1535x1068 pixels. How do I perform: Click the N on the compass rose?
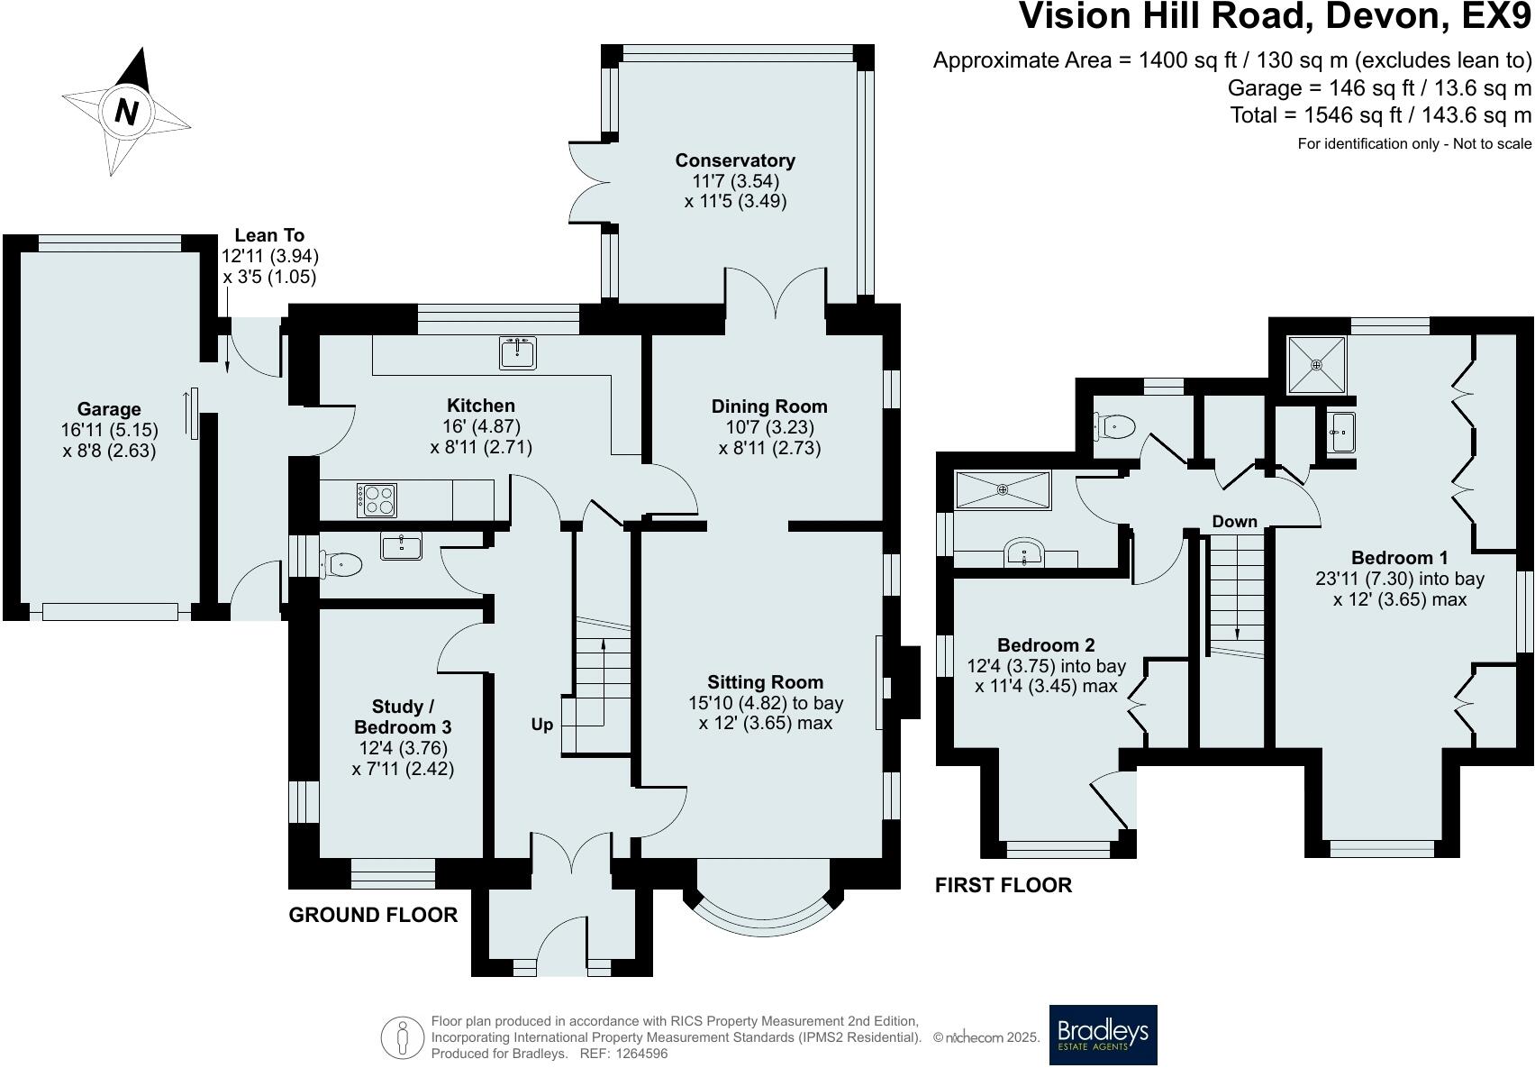[x=126, y=112]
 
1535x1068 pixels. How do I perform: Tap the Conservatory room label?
[x=735, y=160]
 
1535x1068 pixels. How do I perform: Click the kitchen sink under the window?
[x=517, y=352]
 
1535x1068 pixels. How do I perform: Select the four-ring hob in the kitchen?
[x=377, y=500]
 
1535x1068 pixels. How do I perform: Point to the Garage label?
[x=109, y=409]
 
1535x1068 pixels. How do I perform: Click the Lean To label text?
[x=269, y=235]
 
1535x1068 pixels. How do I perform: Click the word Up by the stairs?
[x=541, y=725]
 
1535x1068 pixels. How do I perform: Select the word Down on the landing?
[x=1234, y=522]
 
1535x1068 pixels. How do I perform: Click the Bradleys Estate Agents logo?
[x=1103, y=1035]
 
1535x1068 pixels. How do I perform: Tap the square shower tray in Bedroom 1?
[x=1316, y=365]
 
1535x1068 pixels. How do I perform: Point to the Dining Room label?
[x=769, y=406]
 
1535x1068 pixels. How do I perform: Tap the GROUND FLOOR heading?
[x=373, y=916]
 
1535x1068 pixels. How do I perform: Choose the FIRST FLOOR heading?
[x=1004, y=885]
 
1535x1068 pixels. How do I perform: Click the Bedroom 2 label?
[x=1046, y=645]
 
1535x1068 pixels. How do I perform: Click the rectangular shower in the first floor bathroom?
[x=1003, y=490]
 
